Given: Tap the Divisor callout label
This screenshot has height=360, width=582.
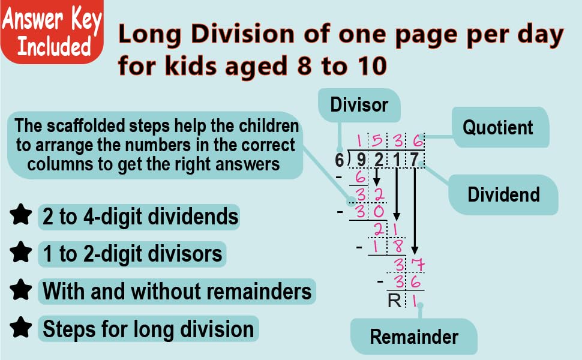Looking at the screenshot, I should coord(359,105).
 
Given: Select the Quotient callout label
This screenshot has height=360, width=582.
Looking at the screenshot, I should coord(497,127).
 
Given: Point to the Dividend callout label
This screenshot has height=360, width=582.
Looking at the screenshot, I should coord(503,194).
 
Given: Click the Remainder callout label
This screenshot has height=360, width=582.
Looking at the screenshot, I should coord(413,336).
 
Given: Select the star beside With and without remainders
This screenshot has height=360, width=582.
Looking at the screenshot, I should coord(21,291).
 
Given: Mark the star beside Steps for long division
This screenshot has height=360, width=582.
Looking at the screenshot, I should coord(21,328).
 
